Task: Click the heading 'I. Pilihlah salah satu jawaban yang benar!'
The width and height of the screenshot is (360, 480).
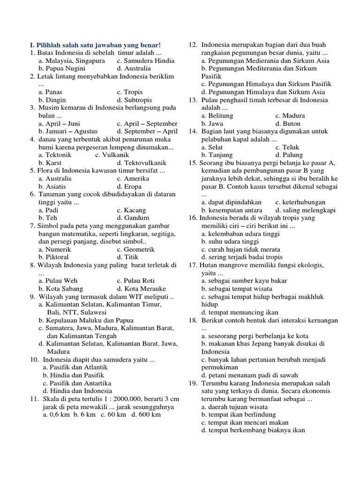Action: coord(95,45)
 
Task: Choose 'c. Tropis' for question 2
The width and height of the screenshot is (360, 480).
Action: coord(130,92)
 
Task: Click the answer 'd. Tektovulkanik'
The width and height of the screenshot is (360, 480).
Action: coord(142,163)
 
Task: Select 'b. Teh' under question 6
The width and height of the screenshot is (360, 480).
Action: coord(48,217)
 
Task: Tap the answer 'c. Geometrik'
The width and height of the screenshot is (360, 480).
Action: coord(136,249)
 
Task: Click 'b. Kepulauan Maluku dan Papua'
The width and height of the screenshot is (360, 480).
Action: coord(86,320)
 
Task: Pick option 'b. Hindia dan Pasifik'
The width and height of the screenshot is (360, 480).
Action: coord(73,375)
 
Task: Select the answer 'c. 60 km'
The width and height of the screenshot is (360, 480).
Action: coord(113,414)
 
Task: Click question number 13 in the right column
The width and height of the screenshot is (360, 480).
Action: coord(193,100)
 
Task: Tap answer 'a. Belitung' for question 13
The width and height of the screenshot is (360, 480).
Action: coord(217,115)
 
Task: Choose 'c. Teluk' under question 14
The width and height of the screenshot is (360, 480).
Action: coord(287,147)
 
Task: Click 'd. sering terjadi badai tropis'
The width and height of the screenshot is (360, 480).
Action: coord(242,257)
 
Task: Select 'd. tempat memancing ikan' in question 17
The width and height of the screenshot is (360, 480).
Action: coord(240,312)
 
